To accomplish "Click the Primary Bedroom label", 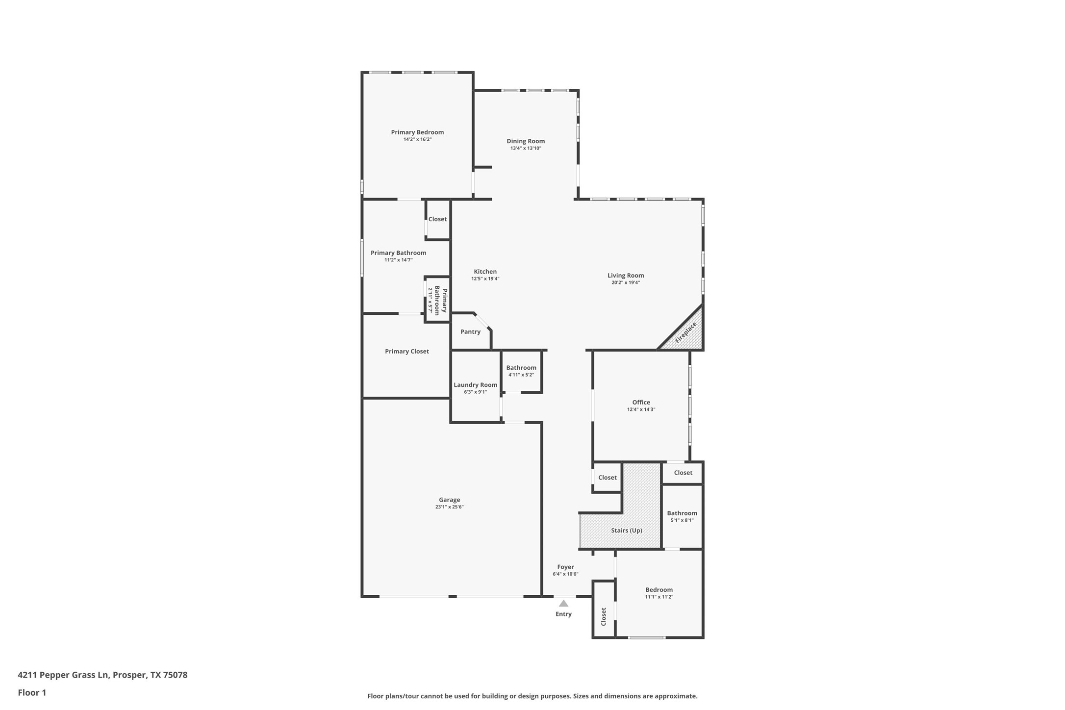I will click(417, 132).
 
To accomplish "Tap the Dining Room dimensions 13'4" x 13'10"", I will click(526, 148).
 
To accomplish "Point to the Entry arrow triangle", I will click(563, 604).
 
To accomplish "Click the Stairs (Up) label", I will click(626, 531).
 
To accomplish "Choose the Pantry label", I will click(470, 332).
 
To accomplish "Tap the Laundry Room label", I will click(475, 385).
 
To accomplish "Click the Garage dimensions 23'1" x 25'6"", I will click(449, 507).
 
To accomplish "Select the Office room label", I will click(641, 403).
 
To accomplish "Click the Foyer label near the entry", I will click(565, 567).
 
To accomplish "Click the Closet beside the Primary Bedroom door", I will click(437, 219).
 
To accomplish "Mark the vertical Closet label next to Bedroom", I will click(604, 616).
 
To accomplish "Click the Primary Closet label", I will click(406, 352).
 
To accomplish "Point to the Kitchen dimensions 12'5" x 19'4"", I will click(485, 279).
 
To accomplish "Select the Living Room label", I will click(626, 276).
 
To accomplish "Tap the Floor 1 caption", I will click(32, 693).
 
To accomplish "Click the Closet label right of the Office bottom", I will click(683, 473).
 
